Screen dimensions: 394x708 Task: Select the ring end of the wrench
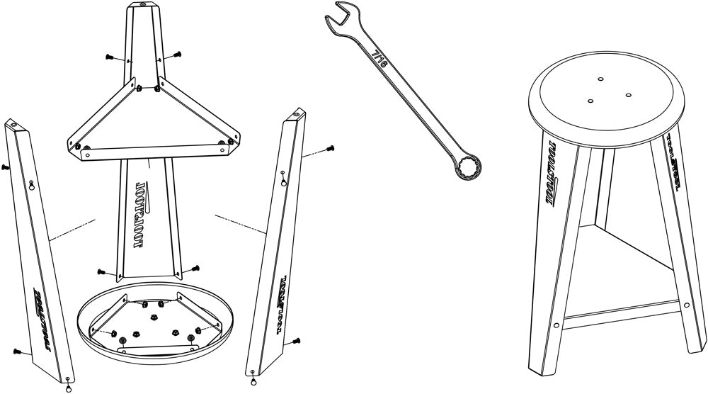(469, 169)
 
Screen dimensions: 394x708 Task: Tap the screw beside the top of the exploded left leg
(6, 167)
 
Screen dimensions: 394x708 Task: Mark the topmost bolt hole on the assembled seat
(600, 79)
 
